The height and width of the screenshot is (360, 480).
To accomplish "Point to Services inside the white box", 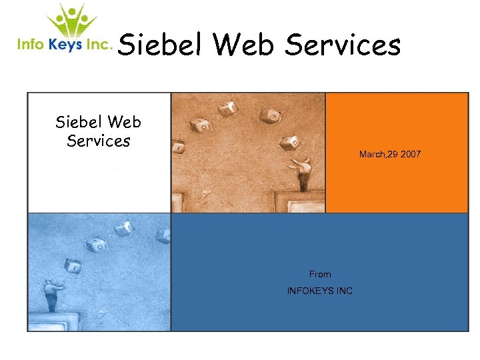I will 99,141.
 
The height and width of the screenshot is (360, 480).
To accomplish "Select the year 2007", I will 411,155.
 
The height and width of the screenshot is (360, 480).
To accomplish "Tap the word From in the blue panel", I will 320,274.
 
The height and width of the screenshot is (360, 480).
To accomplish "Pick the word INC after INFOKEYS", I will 345,291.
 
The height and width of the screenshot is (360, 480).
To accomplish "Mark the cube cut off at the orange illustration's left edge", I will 177,145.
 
